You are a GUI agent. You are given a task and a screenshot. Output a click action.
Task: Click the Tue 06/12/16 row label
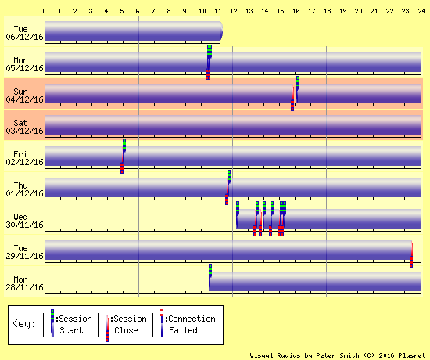tap(24, 33)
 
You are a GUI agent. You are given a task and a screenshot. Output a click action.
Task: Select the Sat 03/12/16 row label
tap(24, 127)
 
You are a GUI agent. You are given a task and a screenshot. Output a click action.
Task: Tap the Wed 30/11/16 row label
tap(24, 221)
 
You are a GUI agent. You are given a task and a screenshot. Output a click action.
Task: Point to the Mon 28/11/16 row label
tap(24, 283)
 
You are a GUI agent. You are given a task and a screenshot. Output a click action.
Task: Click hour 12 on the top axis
tap(234, 11)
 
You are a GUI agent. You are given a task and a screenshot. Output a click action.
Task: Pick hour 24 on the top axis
tap(421, 11)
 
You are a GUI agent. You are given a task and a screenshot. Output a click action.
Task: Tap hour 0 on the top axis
tap(44, 11)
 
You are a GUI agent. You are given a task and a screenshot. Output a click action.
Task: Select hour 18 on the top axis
tap(327, 11)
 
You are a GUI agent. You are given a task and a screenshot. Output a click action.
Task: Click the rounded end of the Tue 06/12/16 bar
tap(221, 31)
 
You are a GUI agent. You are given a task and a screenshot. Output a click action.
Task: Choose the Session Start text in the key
tap(73, 324)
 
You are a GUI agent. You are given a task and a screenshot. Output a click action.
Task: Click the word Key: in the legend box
tap(23, 323)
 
